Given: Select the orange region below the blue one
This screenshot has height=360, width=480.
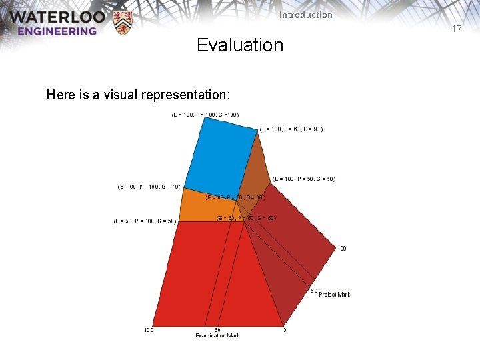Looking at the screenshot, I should point(203,206).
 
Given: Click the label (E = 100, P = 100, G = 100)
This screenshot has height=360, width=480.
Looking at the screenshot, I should point(205,115).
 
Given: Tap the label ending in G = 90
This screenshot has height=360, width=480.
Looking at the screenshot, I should point(291,129).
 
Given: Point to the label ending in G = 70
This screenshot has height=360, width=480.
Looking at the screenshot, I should point(149,187).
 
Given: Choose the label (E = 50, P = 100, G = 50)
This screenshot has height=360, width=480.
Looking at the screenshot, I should point(145,221).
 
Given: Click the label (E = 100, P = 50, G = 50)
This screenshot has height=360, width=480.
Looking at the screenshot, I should point(304,179).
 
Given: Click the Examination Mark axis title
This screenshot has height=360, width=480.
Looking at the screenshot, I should point(217,335).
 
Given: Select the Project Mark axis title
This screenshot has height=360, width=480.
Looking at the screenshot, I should point(334,294).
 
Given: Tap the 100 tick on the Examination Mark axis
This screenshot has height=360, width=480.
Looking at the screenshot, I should point(149,329).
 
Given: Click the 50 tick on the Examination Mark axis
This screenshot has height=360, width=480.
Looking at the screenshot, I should point(217,329).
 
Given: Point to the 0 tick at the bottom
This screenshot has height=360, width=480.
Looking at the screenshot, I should point(285,329).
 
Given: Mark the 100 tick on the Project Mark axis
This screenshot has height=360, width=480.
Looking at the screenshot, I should point(341,249).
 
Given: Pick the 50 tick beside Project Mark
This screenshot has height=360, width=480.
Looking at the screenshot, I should point(313,291).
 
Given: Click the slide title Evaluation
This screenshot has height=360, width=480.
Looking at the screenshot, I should point(240,45).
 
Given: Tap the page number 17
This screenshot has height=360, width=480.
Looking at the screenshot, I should point(457,29).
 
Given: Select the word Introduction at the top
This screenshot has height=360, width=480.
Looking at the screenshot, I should point(306,15).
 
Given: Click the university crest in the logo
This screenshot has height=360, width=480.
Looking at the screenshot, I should point(123,22).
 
